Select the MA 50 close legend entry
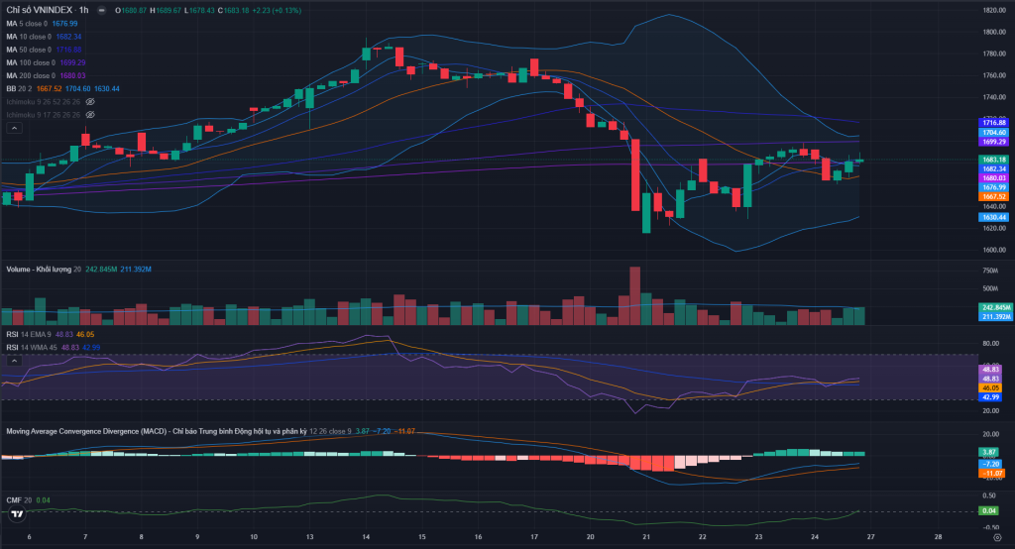pos(29,49)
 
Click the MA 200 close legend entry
pos(32,75)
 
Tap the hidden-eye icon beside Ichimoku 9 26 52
pos(89,101)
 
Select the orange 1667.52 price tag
pos(994,196)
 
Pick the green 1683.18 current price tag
pos(994,160)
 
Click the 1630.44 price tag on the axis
pos(994,217)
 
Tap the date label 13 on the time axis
pos(309,537)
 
